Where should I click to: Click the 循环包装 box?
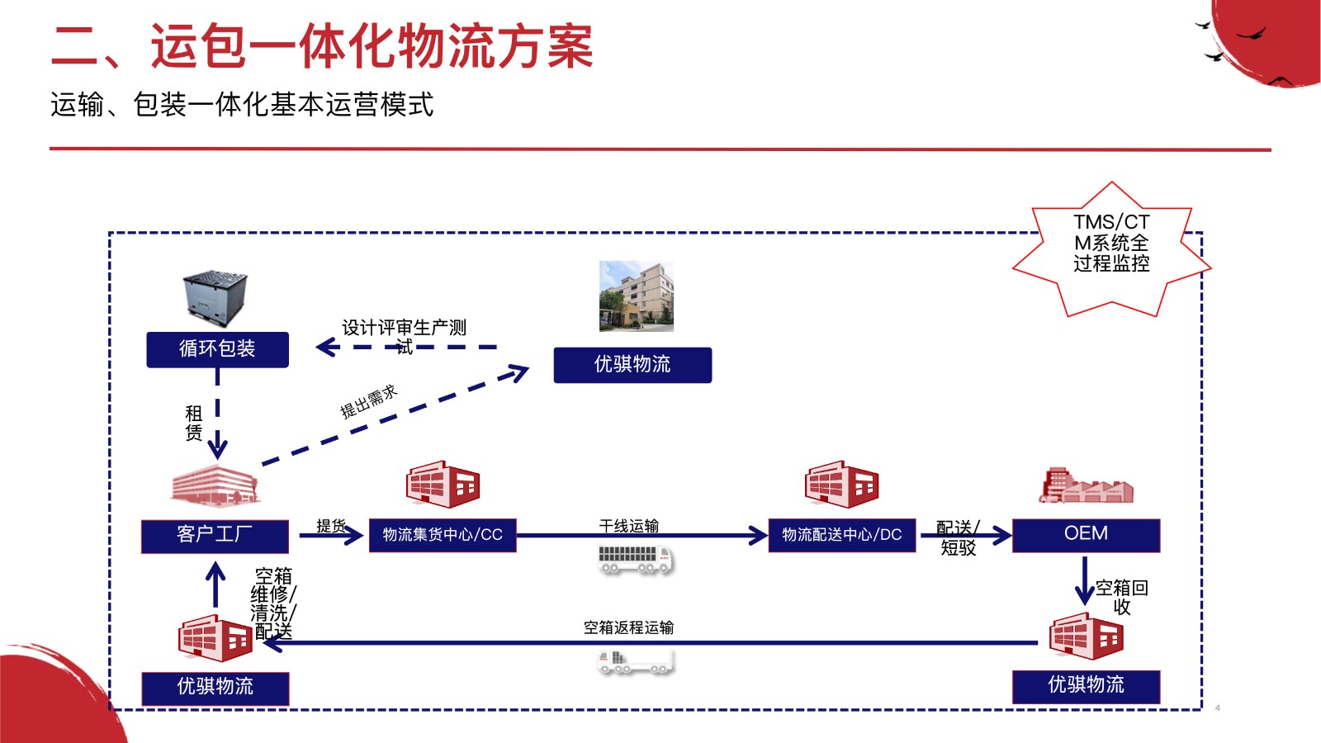[217, 349]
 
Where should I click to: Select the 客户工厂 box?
[215, 535]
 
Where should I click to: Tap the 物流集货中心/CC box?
[443, 535]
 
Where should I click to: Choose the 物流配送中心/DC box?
[841, 535]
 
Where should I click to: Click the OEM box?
[1086, 534]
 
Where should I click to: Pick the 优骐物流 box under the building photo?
[632, 365]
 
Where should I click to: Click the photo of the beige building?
[636, 296]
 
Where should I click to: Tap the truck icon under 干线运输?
[635, 559]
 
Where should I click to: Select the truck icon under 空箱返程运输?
[635, 660]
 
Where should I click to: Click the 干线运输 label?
[629, 526]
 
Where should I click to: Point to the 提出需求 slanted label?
[369, 401]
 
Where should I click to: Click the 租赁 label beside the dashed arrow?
[194, 422]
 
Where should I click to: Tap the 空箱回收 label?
[1121, 597]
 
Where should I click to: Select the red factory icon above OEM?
[1085, 485]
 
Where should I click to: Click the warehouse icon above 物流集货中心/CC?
[443, 485]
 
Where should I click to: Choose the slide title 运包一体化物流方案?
[322, 46]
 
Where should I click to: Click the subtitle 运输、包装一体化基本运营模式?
[242, 105]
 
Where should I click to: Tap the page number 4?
[1217, 708]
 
